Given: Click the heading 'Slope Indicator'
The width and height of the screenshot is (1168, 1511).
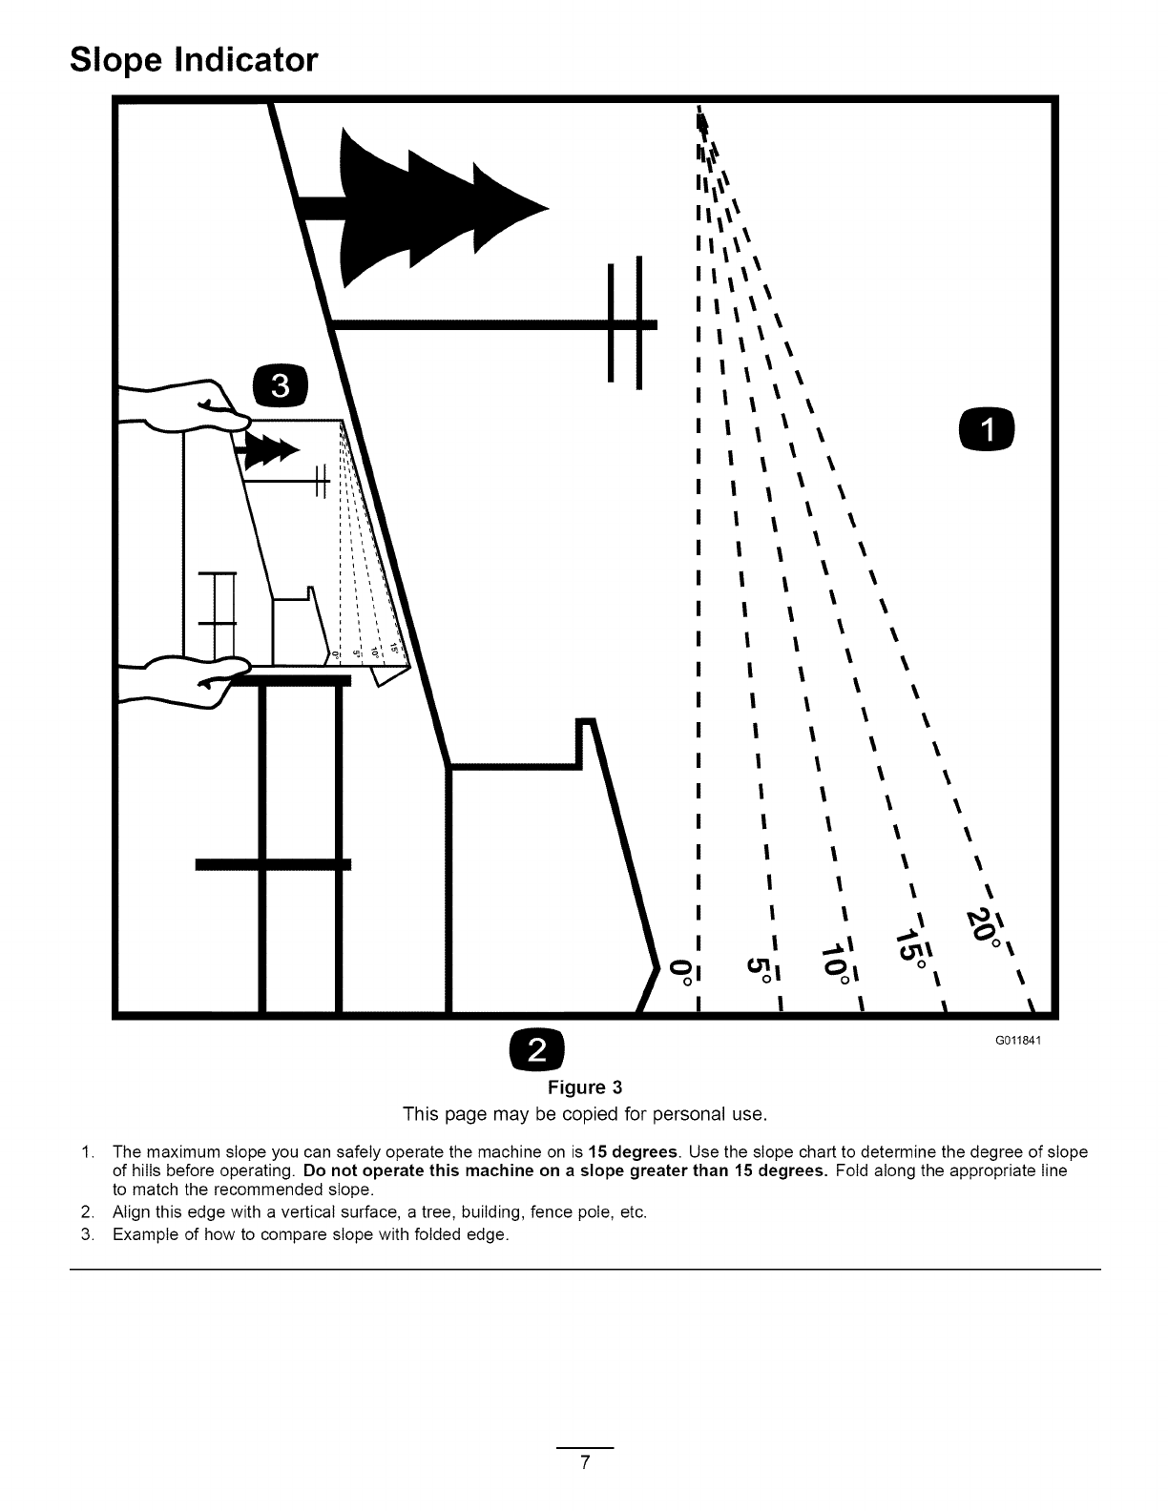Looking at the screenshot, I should point(193,60).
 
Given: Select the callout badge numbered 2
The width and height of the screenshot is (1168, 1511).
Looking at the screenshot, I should point(538,1050).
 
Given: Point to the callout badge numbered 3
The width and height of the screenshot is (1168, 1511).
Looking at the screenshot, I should point(280,386).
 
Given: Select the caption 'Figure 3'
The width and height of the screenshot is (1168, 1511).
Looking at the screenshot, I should point(584,1087).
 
